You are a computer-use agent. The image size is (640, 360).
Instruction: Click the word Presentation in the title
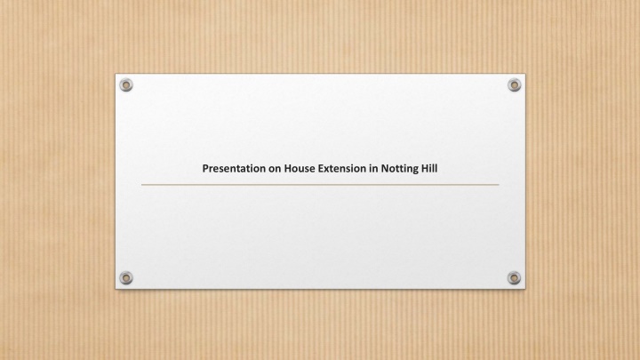pyautogui.click(x=234, y=169)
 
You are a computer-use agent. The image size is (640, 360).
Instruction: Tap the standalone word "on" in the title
pyautogui.click(x=275, y=169)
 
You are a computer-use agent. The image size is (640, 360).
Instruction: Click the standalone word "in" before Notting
pyautogui.click(x=373, y=169)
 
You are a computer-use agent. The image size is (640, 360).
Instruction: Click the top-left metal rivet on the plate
pyautogui.click(x=126, y=85)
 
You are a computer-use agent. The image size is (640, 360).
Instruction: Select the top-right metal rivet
pyautogui.click(x=515, y=85)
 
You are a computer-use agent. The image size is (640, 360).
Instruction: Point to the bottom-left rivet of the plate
pyautogui.click(x=126, y=278)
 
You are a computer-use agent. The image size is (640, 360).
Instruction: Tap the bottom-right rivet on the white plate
pyautogui.click(x=515, y=278)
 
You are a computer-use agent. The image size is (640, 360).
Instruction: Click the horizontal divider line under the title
pyautogui.click(x=320, y=185)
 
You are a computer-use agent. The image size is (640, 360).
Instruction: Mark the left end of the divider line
pyautogui.click(x=141, y=185)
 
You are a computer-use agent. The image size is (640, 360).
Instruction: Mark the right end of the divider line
pyautogui.click(x=499, y=185)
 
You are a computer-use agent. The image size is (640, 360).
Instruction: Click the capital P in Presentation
pyautogui.click(x=205, y=169)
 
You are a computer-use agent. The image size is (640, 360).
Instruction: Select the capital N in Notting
pyautogui.click(x=385, y=169)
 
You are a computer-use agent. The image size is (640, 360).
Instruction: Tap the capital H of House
pyautogui.click(x=288, y=169)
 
